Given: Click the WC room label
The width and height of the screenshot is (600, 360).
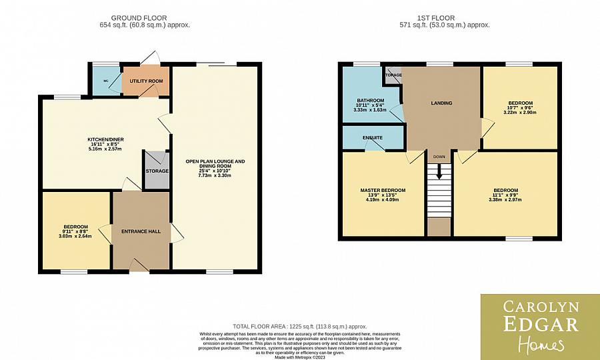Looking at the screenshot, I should tap(105, 81).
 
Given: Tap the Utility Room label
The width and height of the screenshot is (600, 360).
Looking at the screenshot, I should tap(146, 81).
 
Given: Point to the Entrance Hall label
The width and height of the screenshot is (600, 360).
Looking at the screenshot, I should tap(141, 231).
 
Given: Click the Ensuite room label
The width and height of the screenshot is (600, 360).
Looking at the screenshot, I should tap(373, 137).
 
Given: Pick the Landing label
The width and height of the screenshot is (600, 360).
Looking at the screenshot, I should tap(441, 103).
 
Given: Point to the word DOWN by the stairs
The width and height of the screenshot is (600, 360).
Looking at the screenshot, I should tap(439, 157).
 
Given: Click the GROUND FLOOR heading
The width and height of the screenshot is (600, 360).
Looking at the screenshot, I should tap(139, 18).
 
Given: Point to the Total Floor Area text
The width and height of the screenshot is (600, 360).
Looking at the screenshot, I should tap(299, 327).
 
